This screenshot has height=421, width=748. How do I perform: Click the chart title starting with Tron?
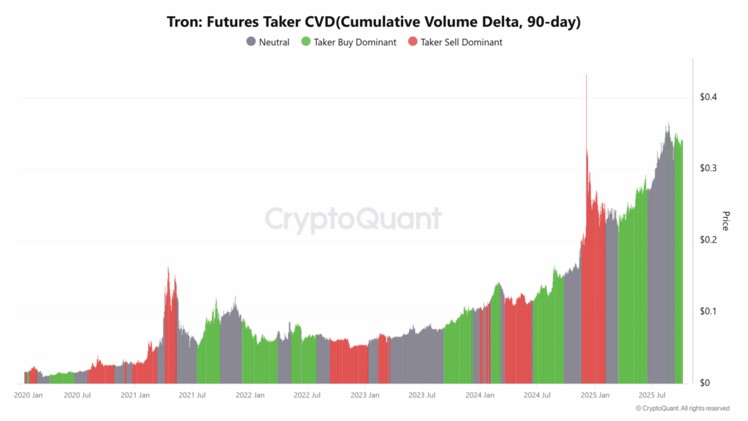(374, 22)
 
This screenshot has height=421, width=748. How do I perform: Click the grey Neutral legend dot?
(251, 42)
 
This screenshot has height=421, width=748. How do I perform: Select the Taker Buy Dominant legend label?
(355, 42)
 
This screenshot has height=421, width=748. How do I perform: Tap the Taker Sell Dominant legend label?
(461, 42)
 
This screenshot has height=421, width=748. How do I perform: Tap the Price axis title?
(725, 221)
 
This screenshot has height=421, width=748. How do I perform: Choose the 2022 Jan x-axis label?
(250, 395)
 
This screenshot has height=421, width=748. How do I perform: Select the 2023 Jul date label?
(421, 395)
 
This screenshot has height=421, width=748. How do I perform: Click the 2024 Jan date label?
(480, 395)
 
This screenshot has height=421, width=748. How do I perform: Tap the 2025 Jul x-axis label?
(651, 395)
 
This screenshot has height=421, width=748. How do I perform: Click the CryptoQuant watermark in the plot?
(353, 219)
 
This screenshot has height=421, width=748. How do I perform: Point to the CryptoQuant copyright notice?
(682, 409)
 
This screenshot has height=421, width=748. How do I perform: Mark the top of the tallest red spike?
(586, 75)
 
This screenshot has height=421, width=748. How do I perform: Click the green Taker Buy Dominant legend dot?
(306, 42)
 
